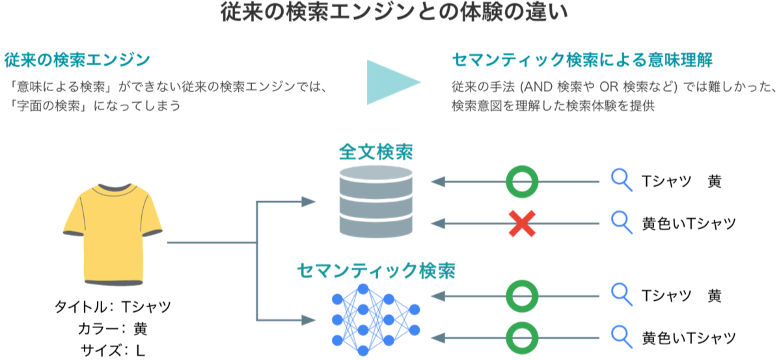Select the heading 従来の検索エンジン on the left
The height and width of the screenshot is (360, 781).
coord(77,61)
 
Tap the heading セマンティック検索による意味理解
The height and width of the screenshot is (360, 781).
coord(582,61)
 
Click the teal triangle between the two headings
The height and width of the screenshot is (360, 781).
coord(390,82)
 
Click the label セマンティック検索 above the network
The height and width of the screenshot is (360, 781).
coord(376,270)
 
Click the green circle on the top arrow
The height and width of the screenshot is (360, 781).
coord(522,181)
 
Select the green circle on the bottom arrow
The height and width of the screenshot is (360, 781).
coord(522,337)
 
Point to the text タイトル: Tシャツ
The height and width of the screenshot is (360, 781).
coord(113,307)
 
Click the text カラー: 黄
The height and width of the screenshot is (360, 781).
coord(113,328)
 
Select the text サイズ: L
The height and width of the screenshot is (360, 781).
coord(113,350)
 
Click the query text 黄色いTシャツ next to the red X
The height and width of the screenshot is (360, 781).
coord(689,224)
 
